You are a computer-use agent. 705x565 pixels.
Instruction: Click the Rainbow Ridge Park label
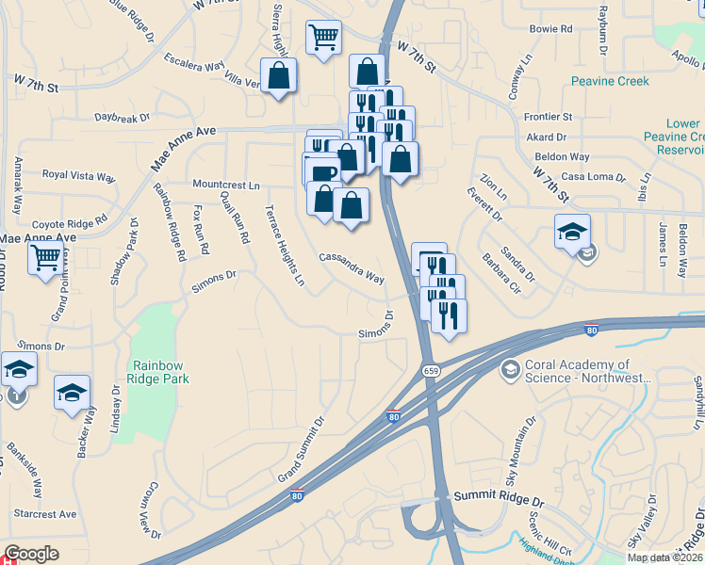click(160, 372)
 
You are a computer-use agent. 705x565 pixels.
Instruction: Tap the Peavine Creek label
click(610, 81)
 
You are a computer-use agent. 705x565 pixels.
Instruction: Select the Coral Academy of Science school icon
click(511, 368)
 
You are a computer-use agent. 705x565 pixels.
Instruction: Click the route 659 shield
click(431, 371)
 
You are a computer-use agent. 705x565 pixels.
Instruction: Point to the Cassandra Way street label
click(352, 267)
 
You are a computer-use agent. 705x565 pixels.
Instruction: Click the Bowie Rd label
click(551, 29)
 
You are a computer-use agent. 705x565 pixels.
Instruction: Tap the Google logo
click(31, 555)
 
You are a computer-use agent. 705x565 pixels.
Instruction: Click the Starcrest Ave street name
click(45, 514)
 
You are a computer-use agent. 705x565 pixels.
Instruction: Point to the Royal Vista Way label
click(80, 175)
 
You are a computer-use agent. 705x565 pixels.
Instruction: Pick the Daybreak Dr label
click(123, 119)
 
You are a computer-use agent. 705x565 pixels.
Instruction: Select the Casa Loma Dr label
click(594, 177)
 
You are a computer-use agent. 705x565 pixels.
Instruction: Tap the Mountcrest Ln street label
click(225, 186)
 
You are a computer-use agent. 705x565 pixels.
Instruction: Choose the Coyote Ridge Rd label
click(70, 223)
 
